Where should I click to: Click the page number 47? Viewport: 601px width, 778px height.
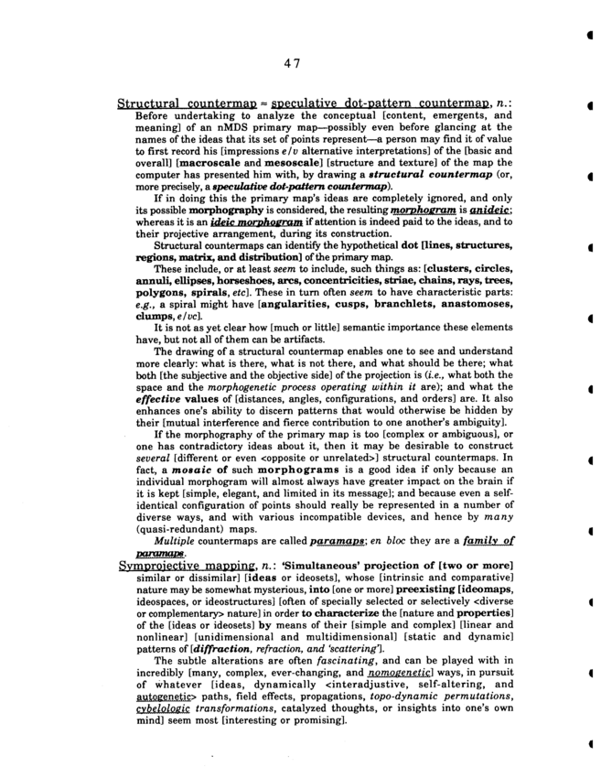tap(292, 62)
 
